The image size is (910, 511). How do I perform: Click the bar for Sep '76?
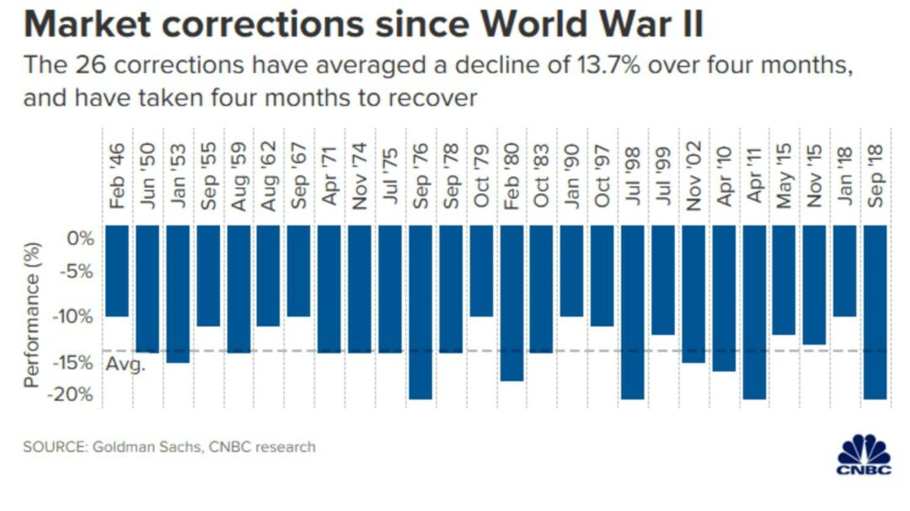[x=420, y=311]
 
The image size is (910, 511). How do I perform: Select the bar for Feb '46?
[x=117, y=271]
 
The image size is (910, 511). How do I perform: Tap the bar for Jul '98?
[x=632, y=311]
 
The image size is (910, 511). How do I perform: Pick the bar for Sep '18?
[x=875, y=311]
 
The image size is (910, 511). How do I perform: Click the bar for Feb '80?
[x=511, y=303]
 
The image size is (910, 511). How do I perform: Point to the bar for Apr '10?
[x=723, y=298]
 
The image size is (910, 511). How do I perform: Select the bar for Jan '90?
[x=571, y=271]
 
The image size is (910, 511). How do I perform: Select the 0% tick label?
[x=82, y=239]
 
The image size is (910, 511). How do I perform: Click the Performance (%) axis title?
[x=33, y=315]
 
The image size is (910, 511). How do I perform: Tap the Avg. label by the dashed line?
[x=126, y=365]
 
